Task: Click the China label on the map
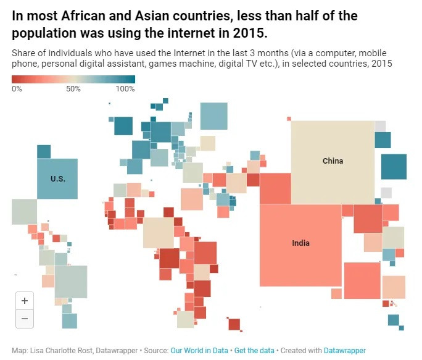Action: tap(333, 161)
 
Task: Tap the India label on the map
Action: tap(301, 243)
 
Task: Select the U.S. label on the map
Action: tap(57, 179)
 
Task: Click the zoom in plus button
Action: tap(25, 301)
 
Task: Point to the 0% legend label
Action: tap(17, 88)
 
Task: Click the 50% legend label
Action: tap(73, 88)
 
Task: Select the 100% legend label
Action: tap(125, 88)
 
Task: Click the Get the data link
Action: tap(254, 350)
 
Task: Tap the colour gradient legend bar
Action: tap(73, 79)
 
